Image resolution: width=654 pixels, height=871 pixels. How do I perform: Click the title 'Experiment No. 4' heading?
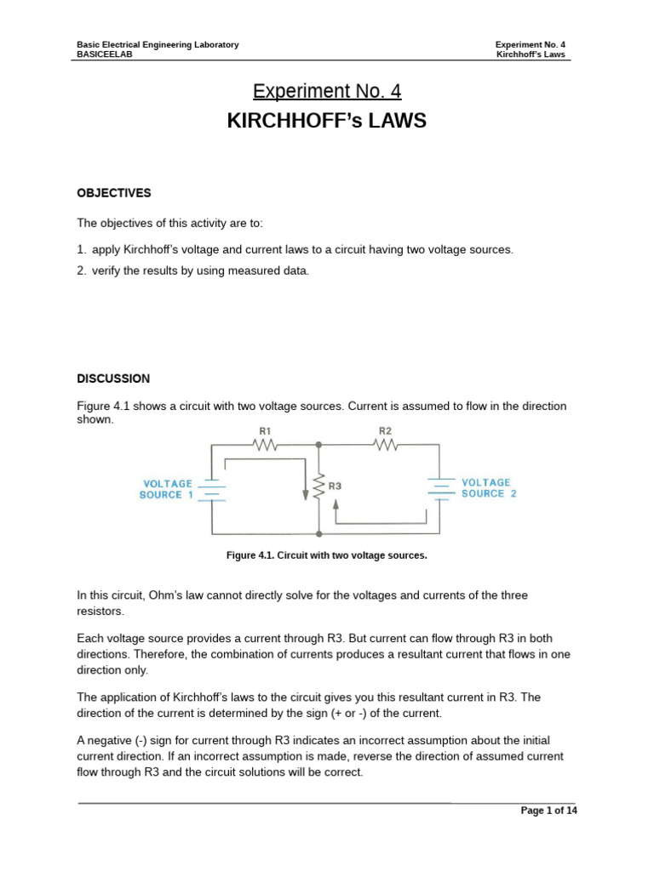click(326, 91)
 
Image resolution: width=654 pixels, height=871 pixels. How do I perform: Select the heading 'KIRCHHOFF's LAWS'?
click(326, 122)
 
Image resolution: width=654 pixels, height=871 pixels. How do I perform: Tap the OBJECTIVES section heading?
click(113, 193)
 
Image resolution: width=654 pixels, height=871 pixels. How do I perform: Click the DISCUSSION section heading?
click(113, 379)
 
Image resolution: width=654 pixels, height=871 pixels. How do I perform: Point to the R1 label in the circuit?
click(266, 431)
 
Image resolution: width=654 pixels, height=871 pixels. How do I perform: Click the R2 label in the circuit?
click(385, 431)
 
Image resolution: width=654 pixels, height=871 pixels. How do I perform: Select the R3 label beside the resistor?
click(335, 487)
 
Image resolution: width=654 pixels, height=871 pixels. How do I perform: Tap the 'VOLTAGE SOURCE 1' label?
click(167, 488)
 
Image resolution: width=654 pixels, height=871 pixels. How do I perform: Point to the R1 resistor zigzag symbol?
click(266, 444)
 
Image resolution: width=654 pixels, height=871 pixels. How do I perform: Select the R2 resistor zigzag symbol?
click(385, 444)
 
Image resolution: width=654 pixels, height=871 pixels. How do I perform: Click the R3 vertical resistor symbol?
click(318, 487)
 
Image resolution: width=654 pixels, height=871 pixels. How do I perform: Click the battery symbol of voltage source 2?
click(439, 487)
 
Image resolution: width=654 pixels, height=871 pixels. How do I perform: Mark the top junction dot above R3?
click(318, 444)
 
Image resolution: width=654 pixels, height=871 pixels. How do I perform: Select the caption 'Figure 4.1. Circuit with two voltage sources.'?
click(326, 555)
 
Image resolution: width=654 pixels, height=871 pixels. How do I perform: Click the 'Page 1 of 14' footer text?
click(548, 811)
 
